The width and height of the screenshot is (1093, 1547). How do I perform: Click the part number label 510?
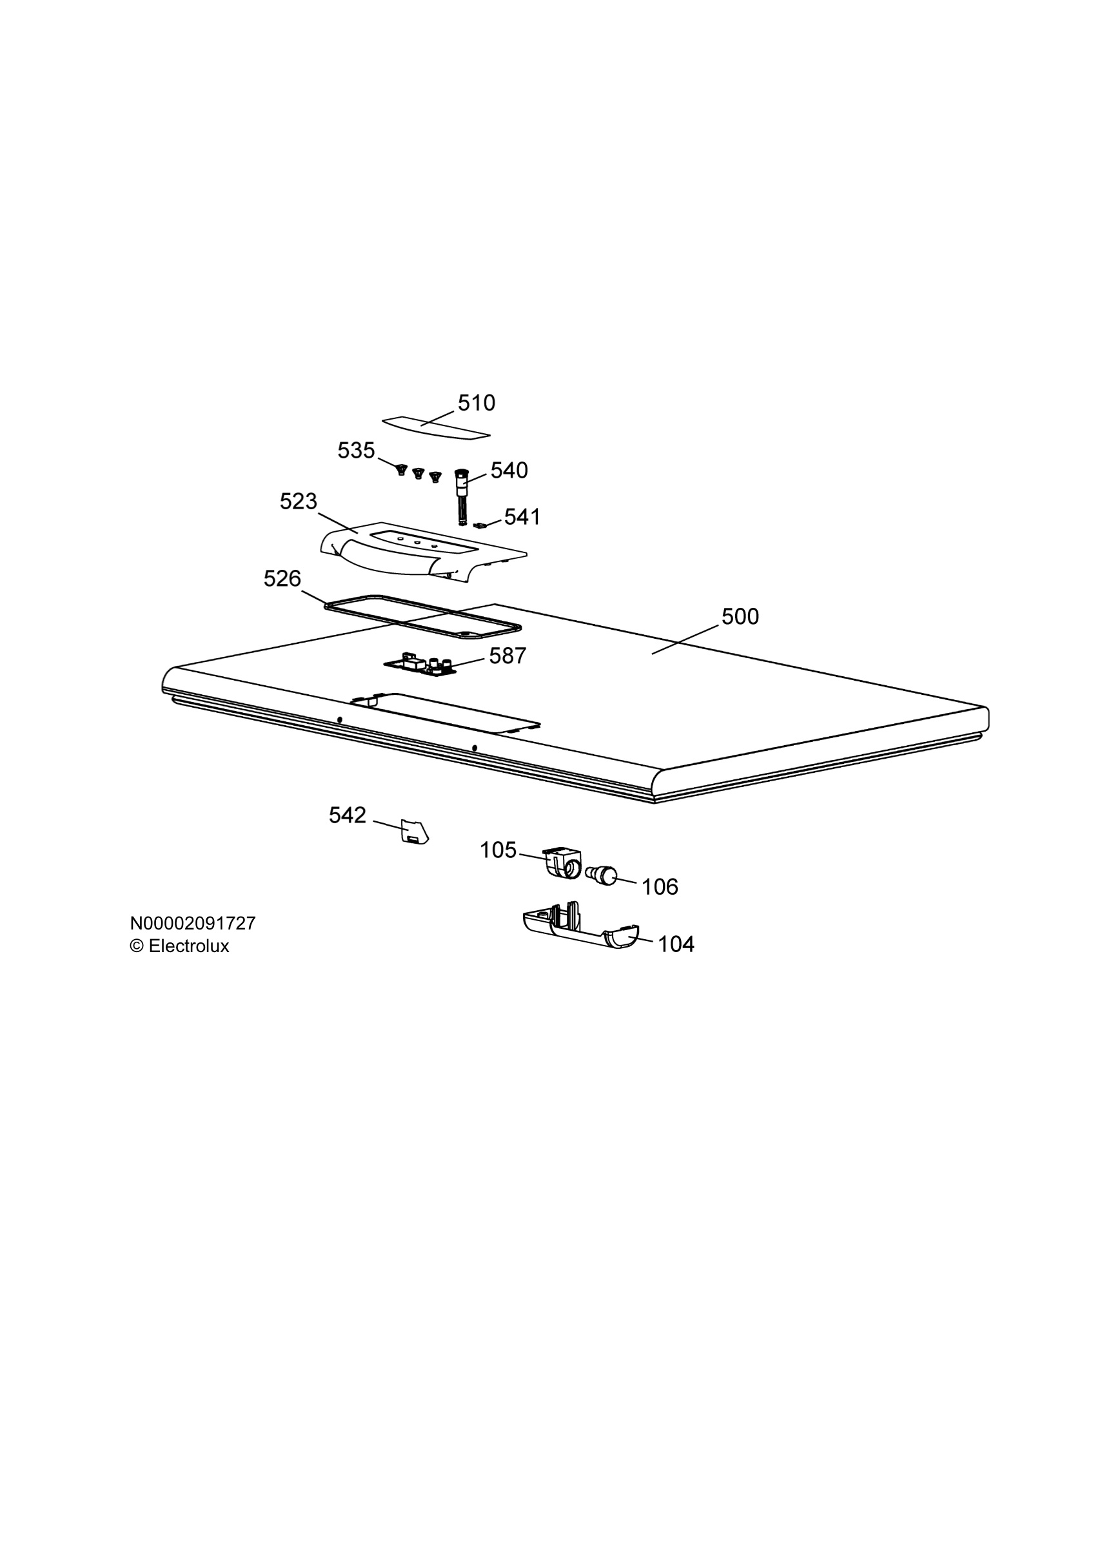pyautogui.click(x=477, y=403)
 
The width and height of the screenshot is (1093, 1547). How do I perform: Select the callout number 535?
pyautogui.click(x=356, y=450)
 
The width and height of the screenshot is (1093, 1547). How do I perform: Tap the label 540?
pyautogui.click(x=509, y=471)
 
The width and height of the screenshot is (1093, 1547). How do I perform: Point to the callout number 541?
pyautogui.click(x=522, y=517)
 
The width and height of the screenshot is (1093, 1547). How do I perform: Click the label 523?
pyautogui.click(x=298, y=501)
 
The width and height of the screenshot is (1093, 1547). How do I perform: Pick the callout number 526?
pyautogui.click(x=282, y=578)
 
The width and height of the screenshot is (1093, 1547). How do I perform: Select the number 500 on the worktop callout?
pyautogui.click(x=740, y=616)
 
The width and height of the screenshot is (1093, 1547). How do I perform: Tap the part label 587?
pyautogui.click(x=507, y=656)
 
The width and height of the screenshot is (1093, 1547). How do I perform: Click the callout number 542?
pyautogui.click(x=347, y=815)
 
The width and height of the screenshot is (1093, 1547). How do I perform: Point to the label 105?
pyautogui.click(x=498, y=850)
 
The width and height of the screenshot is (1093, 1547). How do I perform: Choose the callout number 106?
pyautogui.click(x=660, y=887)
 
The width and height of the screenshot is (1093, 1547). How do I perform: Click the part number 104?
pyautogui.click(x=676, y=944)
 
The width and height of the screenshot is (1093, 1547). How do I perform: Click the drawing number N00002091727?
pyautogui.click(x=193, y=923)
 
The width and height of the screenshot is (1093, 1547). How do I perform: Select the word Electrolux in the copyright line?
pyautogui.click(x=189, y=946)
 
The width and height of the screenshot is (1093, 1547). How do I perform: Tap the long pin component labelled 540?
pyautogui.click(x=462, y=497)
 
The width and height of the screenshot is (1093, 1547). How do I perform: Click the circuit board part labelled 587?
pyautogui.click(x=420, y=665)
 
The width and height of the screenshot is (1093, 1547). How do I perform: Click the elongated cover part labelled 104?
pyautogui.click(x=580, y=926)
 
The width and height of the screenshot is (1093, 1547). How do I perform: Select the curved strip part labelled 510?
pyautogui.click(x=436, y=427)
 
